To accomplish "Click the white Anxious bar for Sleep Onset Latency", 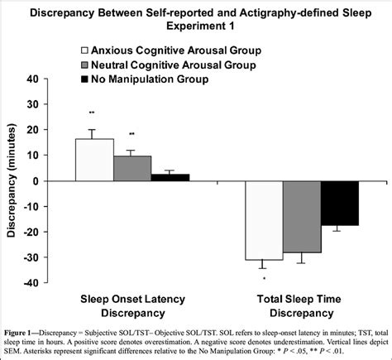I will pyautogui.click(x=94, y=160).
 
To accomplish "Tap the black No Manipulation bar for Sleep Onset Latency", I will pyautogui.click(x=170, y=177).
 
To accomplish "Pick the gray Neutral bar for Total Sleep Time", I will pyautogui.click(x=301, y=217).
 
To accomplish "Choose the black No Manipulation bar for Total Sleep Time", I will pyautogui.click(x=340, y=203).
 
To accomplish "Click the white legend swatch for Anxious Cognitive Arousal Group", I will pyautogui.click(x=85, y=49).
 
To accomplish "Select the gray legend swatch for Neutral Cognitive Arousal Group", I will pyautogui.click(x=85, y=63).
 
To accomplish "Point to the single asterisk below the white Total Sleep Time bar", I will pyautogui.click(x=262, y=279).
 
